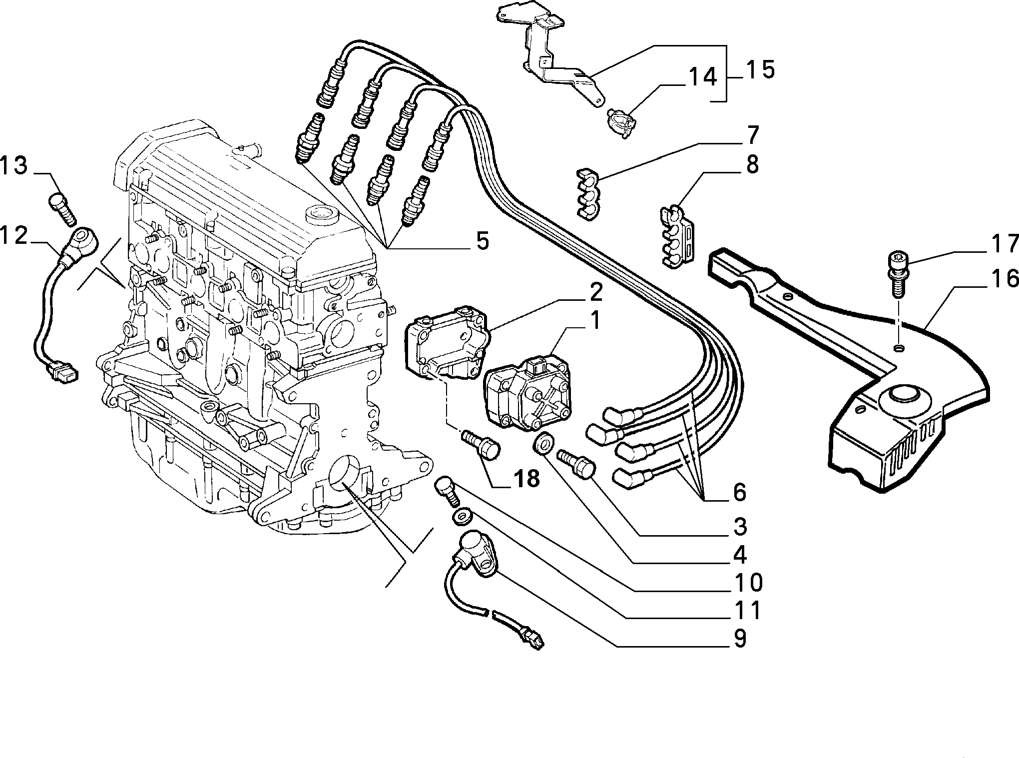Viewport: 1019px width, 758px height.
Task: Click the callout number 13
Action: pyautogui.click(x=13, y=166)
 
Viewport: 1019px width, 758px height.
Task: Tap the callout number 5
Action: pyautogui.click(x=482, y=241)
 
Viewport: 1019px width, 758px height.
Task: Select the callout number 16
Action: pyautogui.click(x=1002, y=279)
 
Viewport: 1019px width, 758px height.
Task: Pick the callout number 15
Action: pyautogui.click(x=760, y=69)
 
